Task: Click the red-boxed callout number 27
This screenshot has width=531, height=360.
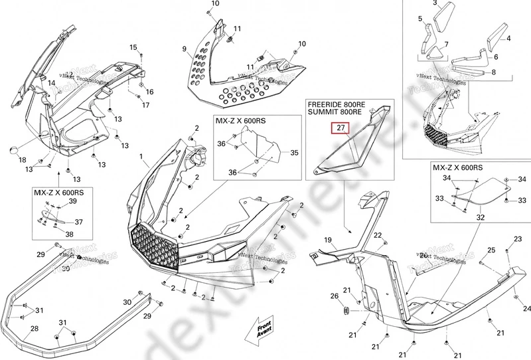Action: (x=339, y=128)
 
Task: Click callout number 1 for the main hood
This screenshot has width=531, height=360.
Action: (x=141, y=157)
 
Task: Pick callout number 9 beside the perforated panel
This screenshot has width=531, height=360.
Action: (x=185, y=49)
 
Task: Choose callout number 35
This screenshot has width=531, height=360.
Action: (x=295, y=153)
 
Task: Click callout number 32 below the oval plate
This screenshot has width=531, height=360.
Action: (x=481, y=217)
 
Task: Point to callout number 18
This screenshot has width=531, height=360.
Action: (x=22, y=160)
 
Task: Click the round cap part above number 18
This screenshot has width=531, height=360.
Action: (x=13, y=150)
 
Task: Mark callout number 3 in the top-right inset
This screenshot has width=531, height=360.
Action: (x=435, y=4)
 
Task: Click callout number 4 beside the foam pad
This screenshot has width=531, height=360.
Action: (x=509, y=39)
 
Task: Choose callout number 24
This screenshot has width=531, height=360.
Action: (x=527, y=309)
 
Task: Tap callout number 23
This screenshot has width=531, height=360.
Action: (x=518, y=238)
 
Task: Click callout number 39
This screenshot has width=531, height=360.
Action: (x=72, y=201)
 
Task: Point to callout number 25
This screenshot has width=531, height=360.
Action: (x=492, y=250)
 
